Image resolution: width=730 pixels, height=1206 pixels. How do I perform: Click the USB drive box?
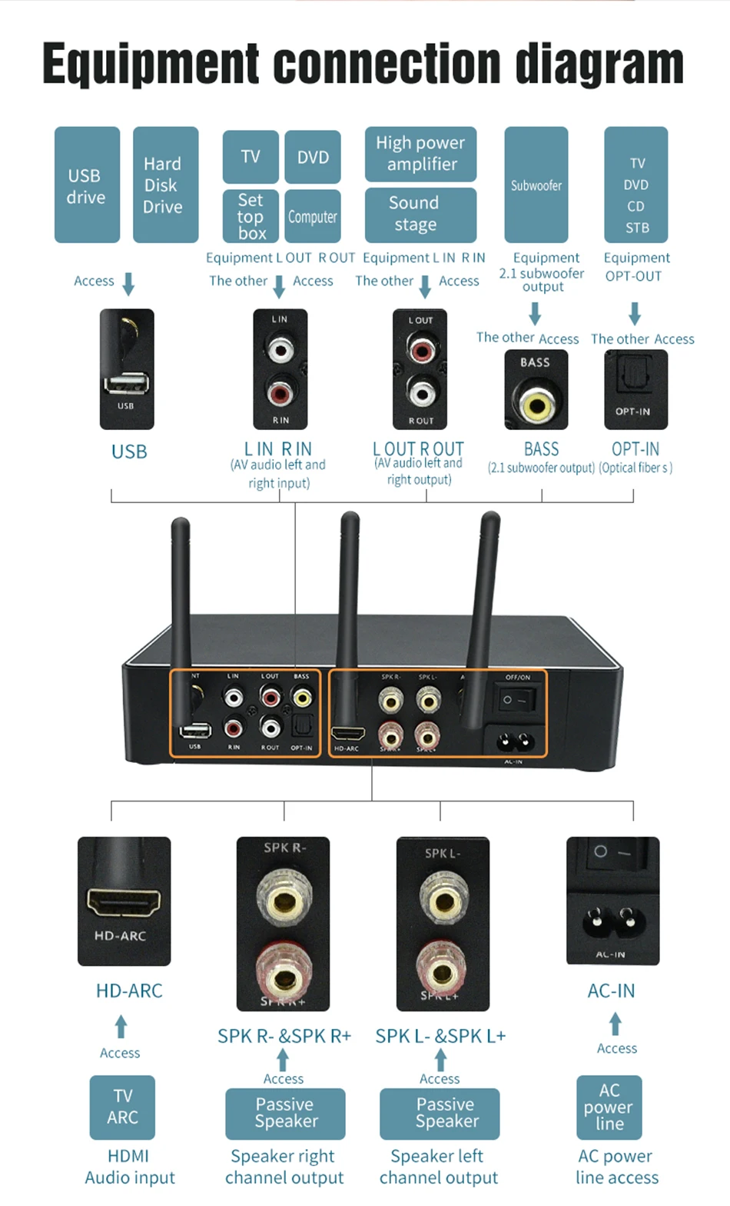click(87, 185)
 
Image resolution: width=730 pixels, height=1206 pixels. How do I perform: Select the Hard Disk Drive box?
click(165, 185)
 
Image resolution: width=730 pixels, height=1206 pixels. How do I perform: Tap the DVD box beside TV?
click(313, 157)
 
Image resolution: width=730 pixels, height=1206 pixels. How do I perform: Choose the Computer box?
click(313, 217)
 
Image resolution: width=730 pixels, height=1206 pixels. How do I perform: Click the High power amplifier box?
click(420, 154)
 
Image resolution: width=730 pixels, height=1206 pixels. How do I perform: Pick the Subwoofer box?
click(536, 185)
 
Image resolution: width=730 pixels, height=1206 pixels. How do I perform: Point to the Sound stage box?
click(420, 214)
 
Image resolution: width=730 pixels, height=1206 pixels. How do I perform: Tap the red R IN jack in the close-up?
click(280, 394)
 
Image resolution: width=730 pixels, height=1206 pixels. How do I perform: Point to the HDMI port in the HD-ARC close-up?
click(124, 901)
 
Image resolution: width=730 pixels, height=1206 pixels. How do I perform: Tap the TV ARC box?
click(123, 1107)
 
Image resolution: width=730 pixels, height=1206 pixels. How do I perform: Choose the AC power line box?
click(609, 1107)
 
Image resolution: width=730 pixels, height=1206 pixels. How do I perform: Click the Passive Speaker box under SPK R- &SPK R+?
click(285, 1113)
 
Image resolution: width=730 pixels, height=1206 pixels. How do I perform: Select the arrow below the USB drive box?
click(128, 283)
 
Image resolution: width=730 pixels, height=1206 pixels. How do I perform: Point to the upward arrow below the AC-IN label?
click(616, 1024)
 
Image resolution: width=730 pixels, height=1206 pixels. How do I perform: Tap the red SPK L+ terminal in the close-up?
click(442, 970)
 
